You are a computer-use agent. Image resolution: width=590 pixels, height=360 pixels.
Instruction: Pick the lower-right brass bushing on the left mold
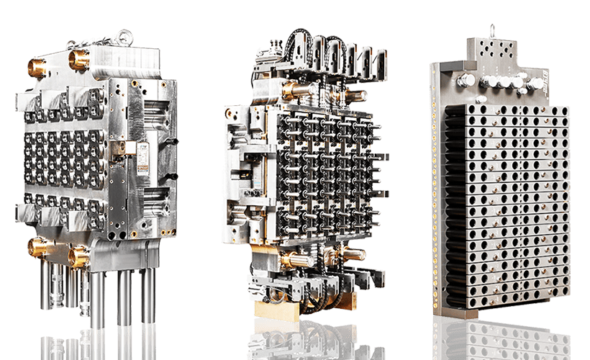(x=77, y=255)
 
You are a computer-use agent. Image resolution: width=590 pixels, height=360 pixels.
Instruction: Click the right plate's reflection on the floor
(x=504, y=338)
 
